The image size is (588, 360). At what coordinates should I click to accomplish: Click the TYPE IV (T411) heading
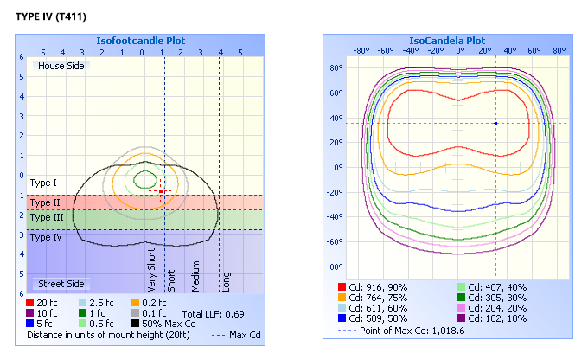click(51, 17)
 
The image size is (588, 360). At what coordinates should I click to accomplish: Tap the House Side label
click(61, 66)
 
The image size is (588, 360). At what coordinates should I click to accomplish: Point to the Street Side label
click(61, 284)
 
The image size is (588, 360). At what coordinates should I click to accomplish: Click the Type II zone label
click(45, 202)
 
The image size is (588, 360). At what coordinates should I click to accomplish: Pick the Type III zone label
click(46, 217)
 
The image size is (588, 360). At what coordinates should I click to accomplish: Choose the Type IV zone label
click(46, 236)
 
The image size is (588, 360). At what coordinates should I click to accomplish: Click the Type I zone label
click(43, 183)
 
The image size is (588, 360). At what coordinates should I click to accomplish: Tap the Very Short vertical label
click(152, 269)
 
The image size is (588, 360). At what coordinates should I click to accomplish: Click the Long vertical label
click(226, 281)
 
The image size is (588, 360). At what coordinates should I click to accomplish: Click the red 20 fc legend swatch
click(31, 302)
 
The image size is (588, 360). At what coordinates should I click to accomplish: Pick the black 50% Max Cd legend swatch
click(136, 323)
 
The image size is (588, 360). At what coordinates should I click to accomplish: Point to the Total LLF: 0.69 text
click(212, 312)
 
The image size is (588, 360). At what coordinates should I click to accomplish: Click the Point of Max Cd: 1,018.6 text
click(415, 330)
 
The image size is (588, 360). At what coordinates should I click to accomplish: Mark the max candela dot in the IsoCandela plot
click(495, 123)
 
